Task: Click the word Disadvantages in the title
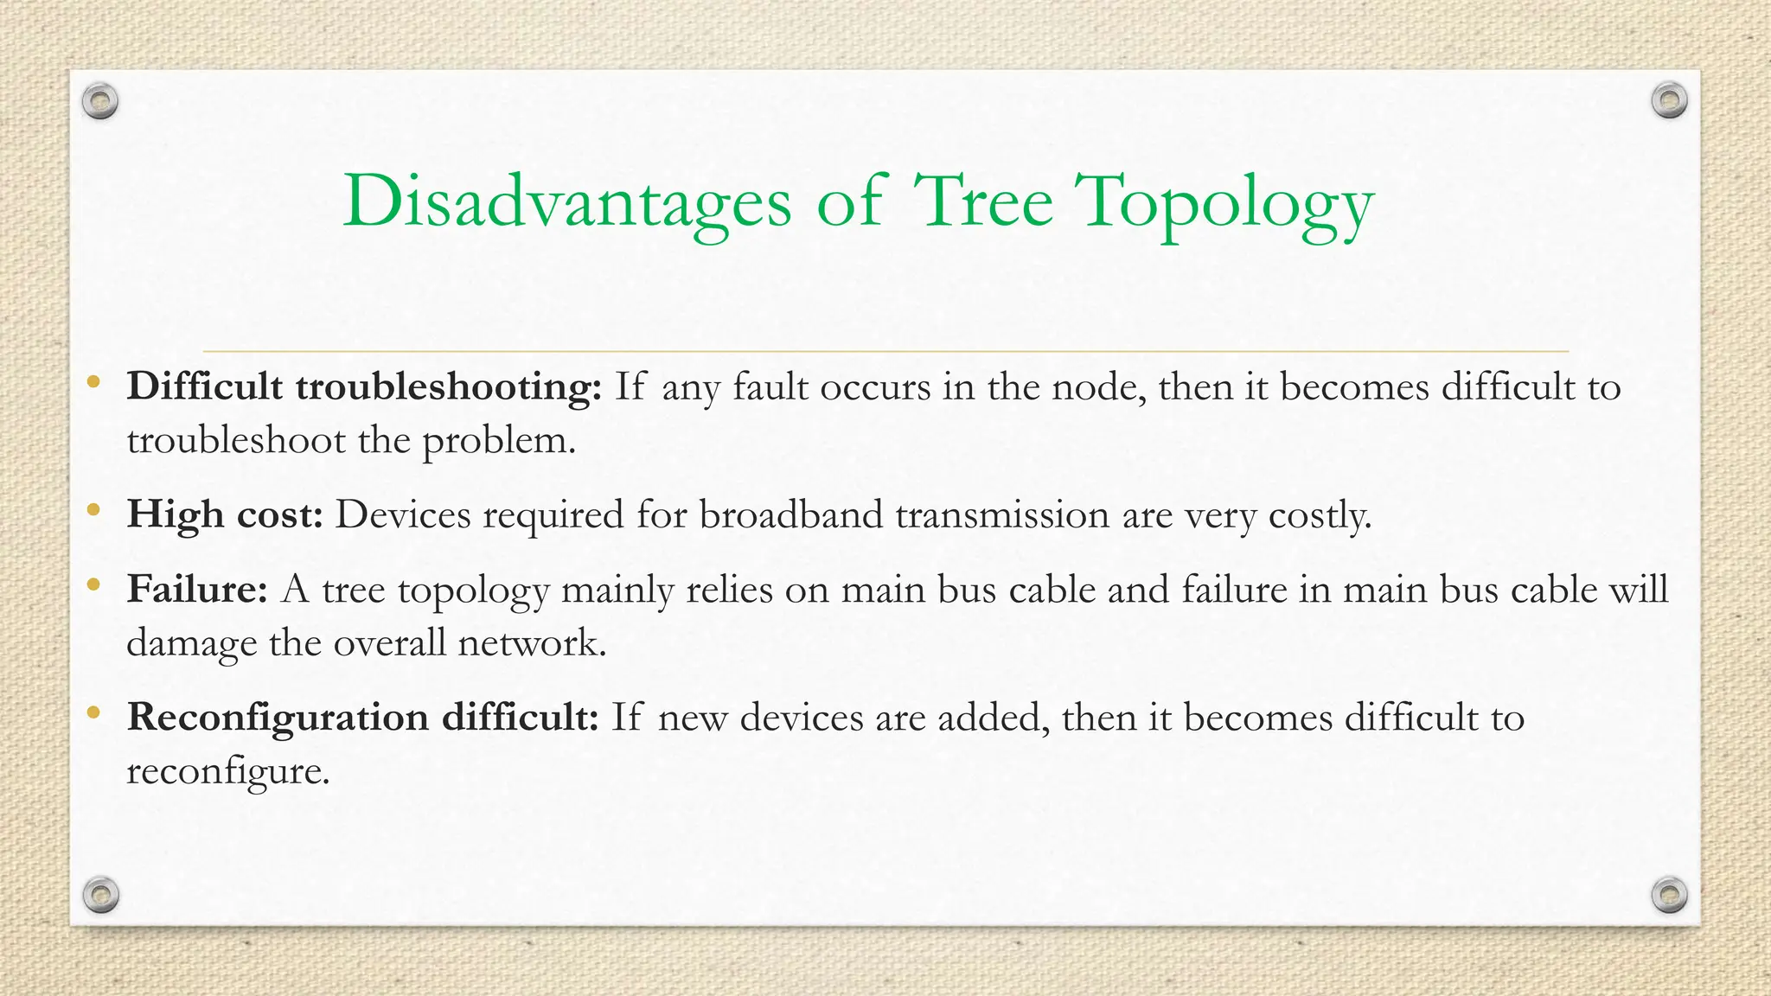[x=566, y=201]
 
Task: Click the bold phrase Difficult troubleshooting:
[x=364, y=386]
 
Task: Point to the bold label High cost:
[x=225, y=514]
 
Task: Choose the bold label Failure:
[x=197, y=590]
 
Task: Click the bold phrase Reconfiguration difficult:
[x=362, y=718]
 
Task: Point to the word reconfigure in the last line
[x=227, y=771]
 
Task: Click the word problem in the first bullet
[x=498, y=441]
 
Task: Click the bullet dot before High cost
[x=93, y=510]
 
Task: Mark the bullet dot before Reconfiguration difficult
[x=93, y=713]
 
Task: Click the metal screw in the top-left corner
[x=100, y=102]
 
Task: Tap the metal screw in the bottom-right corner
[x=1669, y=894]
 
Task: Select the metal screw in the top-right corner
[x=1669, y=101]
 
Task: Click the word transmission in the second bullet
[x=1002, y=514]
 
